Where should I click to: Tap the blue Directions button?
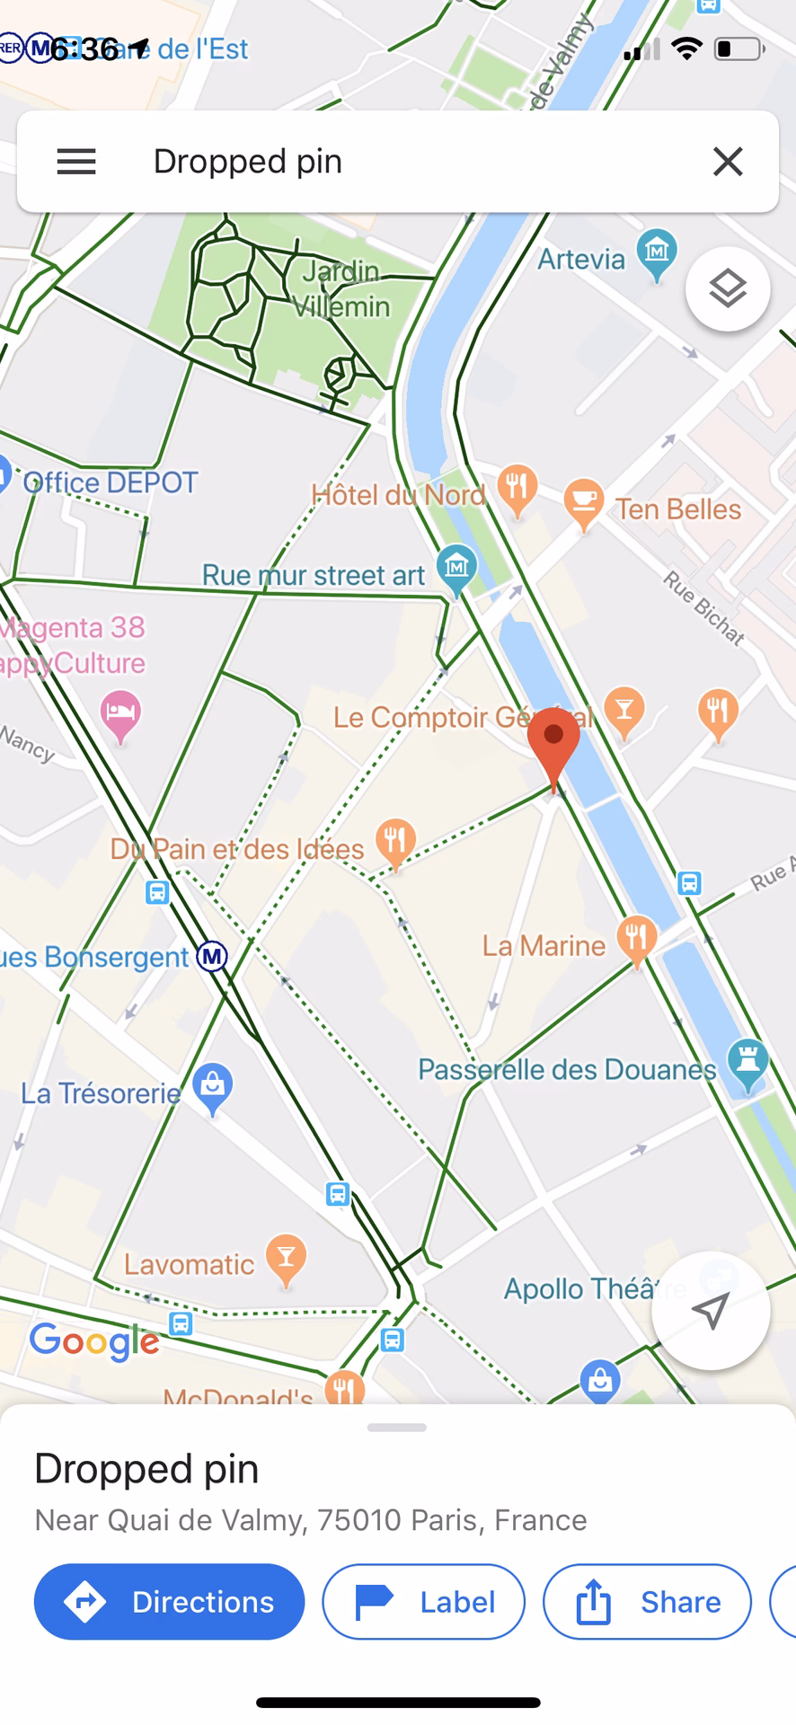pos(169,1602)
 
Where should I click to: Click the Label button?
pos(423,1602)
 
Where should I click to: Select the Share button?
pos(647,1602)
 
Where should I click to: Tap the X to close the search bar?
pos(728,162)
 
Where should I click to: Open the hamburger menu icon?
pos(76,162)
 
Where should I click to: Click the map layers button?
pos(728,288)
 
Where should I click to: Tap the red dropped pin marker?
pos(553,742)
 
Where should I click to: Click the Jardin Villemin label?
pos(341,288)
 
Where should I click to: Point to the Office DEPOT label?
pos(110,482)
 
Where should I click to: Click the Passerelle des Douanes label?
pos(567,1069)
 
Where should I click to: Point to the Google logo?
pos(94,1341)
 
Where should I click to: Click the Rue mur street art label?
pos(313,575)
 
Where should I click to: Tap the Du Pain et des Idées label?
pos(237,849)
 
